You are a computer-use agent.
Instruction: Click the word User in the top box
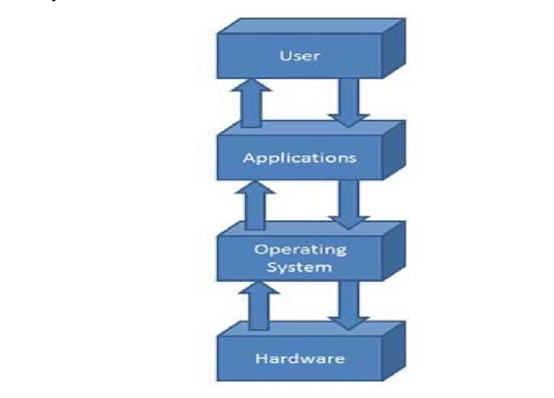tap(300, 56)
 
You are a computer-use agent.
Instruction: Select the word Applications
tap(300, 158)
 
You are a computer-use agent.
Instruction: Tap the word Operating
tap(300, 250)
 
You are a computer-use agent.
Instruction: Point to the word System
tap(300, 267)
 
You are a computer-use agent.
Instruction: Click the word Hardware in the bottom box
tap(300, 359)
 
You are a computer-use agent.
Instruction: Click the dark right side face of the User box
tap(394, 48)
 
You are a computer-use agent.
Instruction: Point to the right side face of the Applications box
tap(394, 150)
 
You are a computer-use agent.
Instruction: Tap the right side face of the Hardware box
tap(394, 351)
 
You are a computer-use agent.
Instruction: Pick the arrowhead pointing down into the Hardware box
tap(349, 323)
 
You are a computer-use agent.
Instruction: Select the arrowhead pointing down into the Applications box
tap(349, 120)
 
